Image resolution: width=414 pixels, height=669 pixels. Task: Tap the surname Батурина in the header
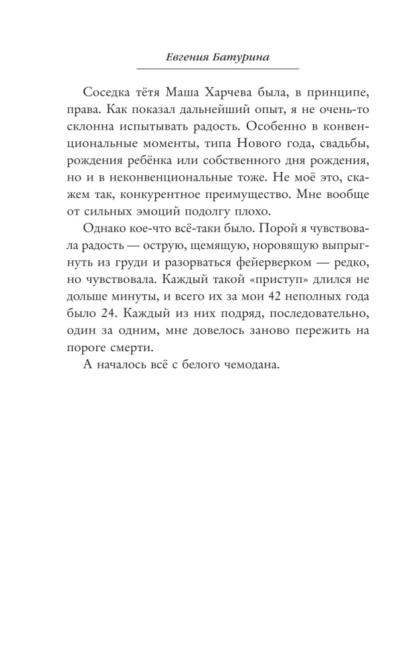pos(241,57)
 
